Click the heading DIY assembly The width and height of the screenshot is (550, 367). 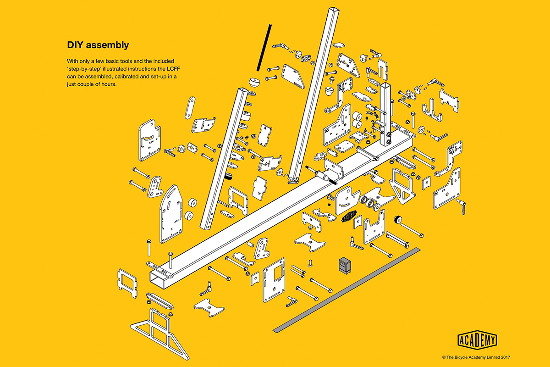[98, 45]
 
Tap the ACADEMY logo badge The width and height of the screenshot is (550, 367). [477, 340]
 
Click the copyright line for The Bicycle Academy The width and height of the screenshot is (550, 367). [476, 357]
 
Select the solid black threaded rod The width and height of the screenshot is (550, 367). [264, 48]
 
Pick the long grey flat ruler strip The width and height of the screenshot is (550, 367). [346, 290]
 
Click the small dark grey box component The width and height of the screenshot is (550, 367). [345, 266]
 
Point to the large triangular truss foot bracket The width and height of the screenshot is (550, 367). [160, 334]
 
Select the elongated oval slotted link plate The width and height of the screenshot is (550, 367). [190, 108]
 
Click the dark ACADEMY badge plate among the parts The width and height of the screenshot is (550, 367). [349, 216]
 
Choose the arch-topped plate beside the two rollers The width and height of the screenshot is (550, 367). [171, 214]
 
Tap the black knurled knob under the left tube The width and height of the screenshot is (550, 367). [229, 176]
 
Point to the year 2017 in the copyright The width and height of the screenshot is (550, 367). [505, 357]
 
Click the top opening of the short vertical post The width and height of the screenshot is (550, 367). [385, 85]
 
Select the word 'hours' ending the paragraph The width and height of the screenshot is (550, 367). [109, 84]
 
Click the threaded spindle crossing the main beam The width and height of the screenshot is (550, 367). [322, 175]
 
